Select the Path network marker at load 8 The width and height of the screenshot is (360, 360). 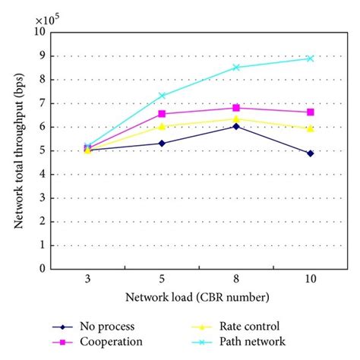(235, 68)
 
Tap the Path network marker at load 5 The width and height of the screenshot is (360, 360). (161, 96)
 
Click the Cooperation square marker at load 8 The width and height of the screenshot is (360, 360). (235, 108)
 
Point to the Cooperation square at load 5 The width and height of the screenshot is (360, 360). (161, 114)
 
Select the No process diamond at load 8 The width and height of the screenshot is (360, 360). (235, 126)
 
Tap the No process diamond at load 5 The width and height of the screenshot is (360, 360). (161, 143)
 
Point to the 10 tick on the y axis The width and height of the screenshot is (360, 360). (38, 33)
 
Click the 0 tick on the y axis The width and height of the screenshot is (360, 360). (40, 268)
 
